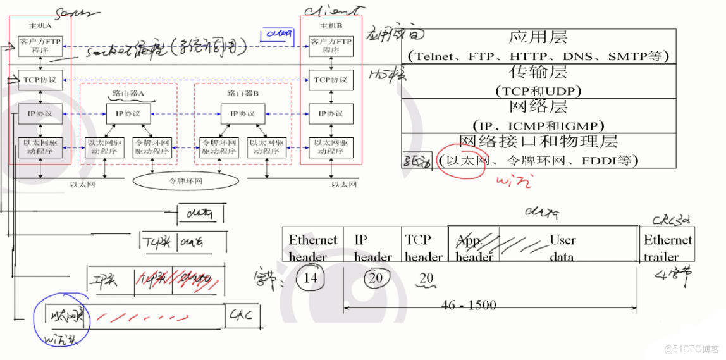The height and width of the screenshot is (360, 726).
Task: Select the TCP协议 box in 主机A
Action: pyautogui.click(x=40, y=80)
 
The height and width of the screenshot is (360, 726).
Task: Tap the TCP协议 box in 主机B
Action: pyautogui.click(x=331, y=80)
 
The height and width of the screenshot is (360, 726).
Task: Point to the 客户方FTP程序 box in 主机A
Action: pyautogui.click(x=40, y=46)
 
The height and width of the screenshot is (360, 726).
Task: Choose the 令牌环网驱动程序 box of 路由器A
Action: pyautogui.click(x=152, y=147)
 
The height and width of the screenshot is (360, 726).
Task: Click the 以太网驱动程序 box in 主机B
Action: pyautogui.click(x=331, y=147)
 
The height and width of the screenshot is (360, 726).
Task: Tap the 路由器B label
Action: pyautogui.click(x=243, y=94)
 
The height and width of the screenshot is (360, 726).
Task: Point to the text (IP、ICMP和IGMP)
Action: pyautogui.click(x=538, y=125)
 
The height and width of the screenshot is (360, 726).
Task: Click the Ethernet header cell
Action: pyautogui.click(x=313, y=248)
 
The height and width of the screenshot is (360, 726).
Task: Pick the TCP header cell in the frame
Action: pyautogui.click(x=423, y=248)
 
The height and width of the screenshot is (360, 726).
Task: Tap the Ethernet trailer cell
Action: pyautogui.click(x=668, y=248)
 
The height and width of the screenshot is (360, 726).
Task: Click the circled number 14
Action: pyautogui.click(x=311, y=278)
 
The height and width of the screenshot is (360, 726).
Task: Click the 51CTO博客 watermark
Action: pyautogui.click(x=691, y=349)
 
